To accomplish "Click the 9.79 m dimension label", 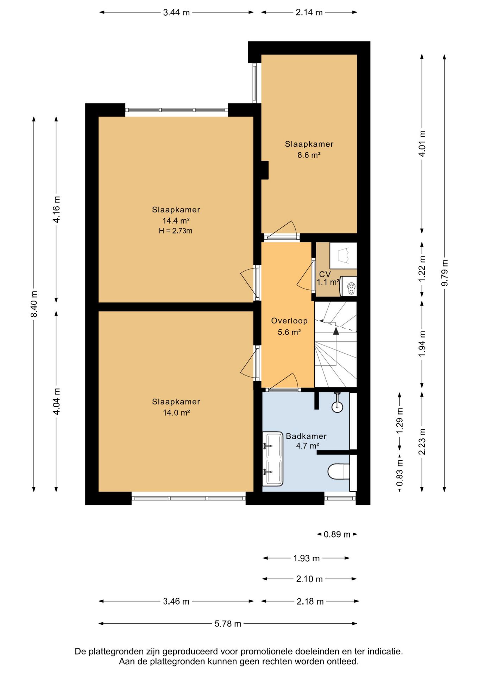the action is pos(445,273).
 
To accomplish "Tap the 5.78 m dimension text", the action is pos(228,624).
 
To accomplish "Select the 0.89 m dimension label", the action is pos(337,534).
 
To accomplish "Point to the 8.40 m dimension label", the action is pos(34,304).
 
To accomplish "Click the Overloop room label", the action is pos(289,321).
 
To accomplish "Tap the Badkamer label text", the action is pos(306,436).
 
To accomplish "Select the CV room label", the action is pos(325,274).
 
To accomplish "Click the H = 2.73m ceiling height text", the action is pos(176,231).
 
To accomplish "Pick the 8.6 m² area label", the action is pos(309,155).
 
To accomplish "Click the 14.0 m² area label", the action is pos(176,413).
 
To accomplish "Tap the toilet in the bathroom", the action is pos(339,471).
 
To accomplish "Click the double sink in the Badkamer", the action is pos(273,459).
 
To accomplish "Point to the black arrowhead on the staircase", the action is pos(336,330).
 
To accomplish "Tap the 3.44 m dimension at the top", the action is pos(176,13).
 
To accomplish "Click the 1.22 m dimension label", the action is pos(422,268).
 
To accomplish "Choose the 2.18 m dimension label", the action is pos(310,602).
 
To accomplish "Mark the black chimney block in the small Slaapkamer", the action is pos(265,170).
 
